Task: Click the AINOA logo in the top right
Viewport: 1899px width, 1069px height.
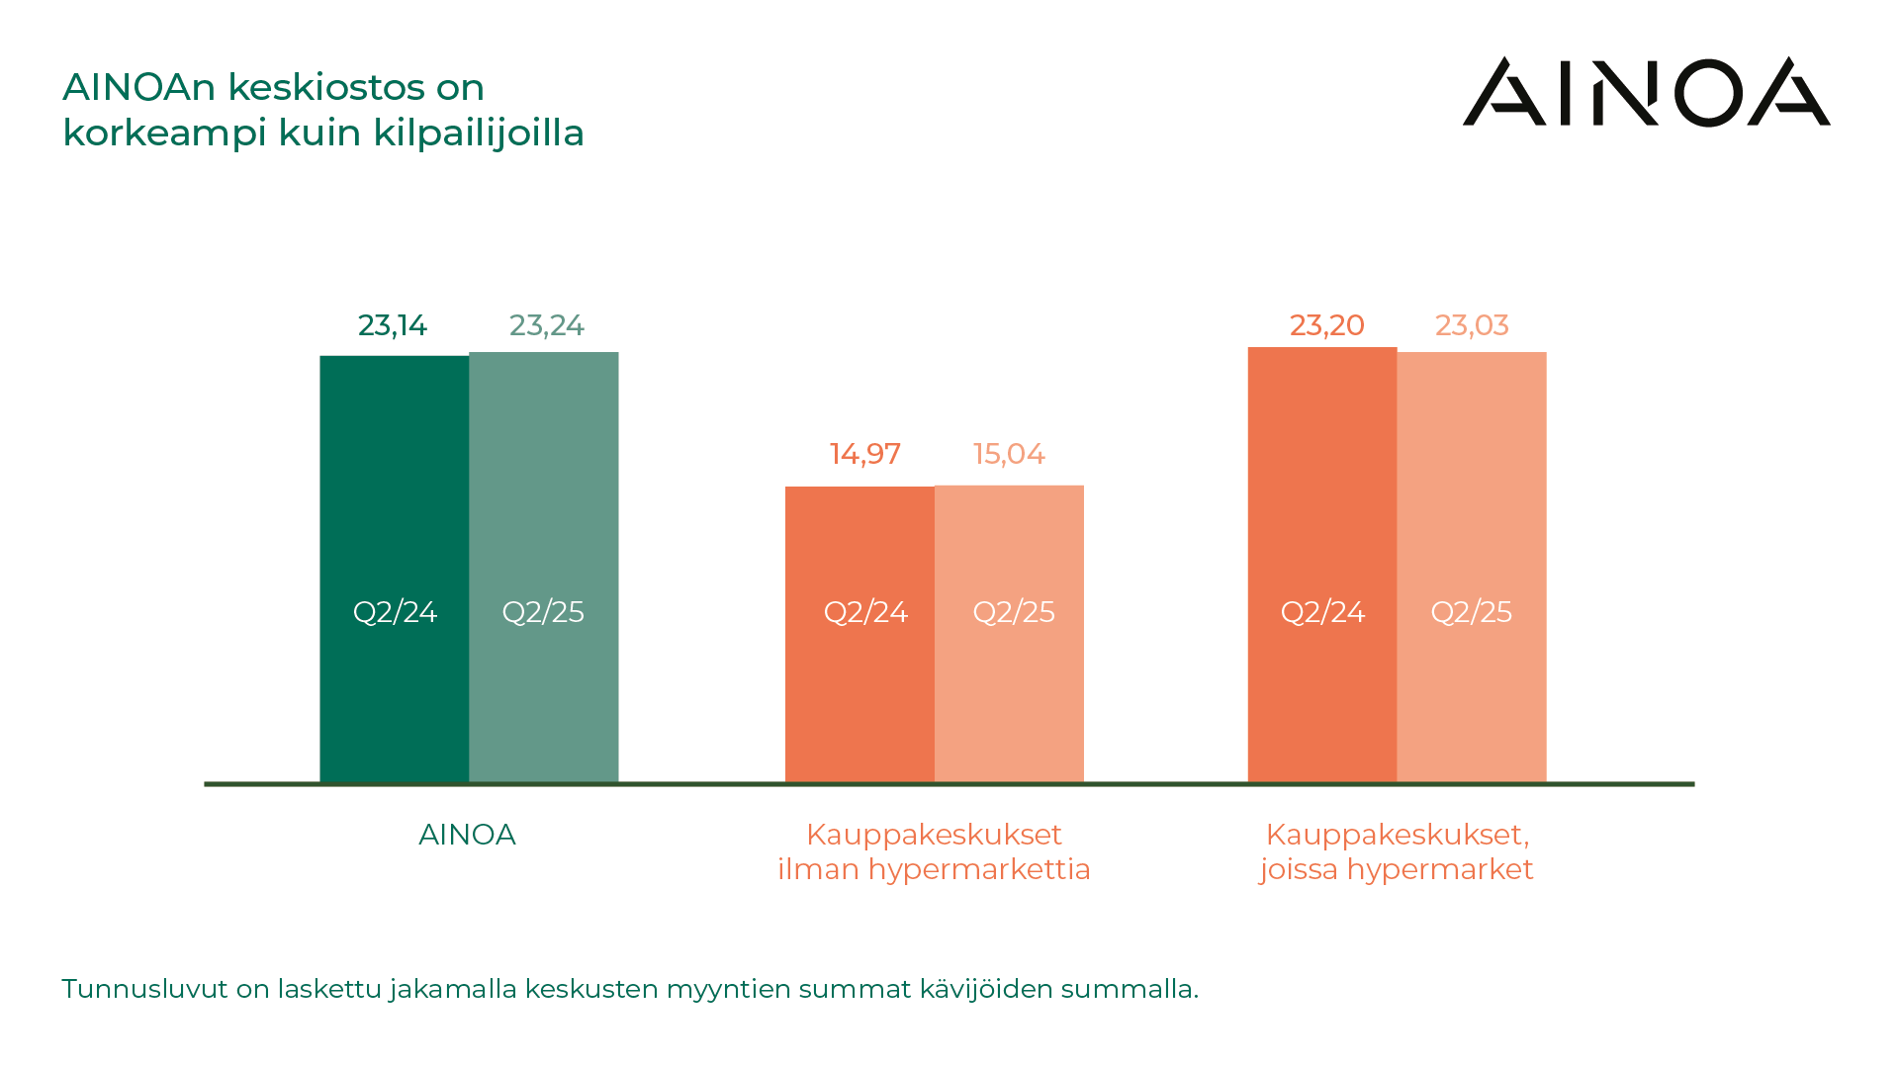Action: [1646, 92]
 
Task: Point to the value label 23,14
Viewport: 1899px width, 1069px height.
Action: [392, 325]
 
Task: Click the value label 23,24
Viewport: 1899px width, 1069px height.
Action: [546, 325]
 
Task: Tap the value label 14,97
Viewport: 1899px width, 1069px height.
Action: [864, 454]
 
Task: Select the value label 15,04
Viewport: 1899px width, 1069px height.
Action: [1009, 454]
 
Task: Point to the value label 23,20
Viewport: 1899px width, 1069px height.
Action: [1326, 325]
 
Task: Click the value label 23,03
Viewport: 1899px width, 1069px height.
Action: [1472, 325]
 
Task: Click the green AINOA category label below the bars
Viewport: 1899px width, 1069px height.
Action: [467, 835]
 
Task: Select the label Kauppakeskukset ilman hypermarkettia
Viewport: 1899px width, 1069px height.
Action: [934, 851]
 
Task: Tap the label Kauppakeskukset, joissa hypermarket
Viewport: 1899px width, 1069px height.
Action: [1397, 851]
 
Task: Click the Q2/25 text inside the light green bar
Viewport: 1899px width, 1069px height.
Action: [543, 612]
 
